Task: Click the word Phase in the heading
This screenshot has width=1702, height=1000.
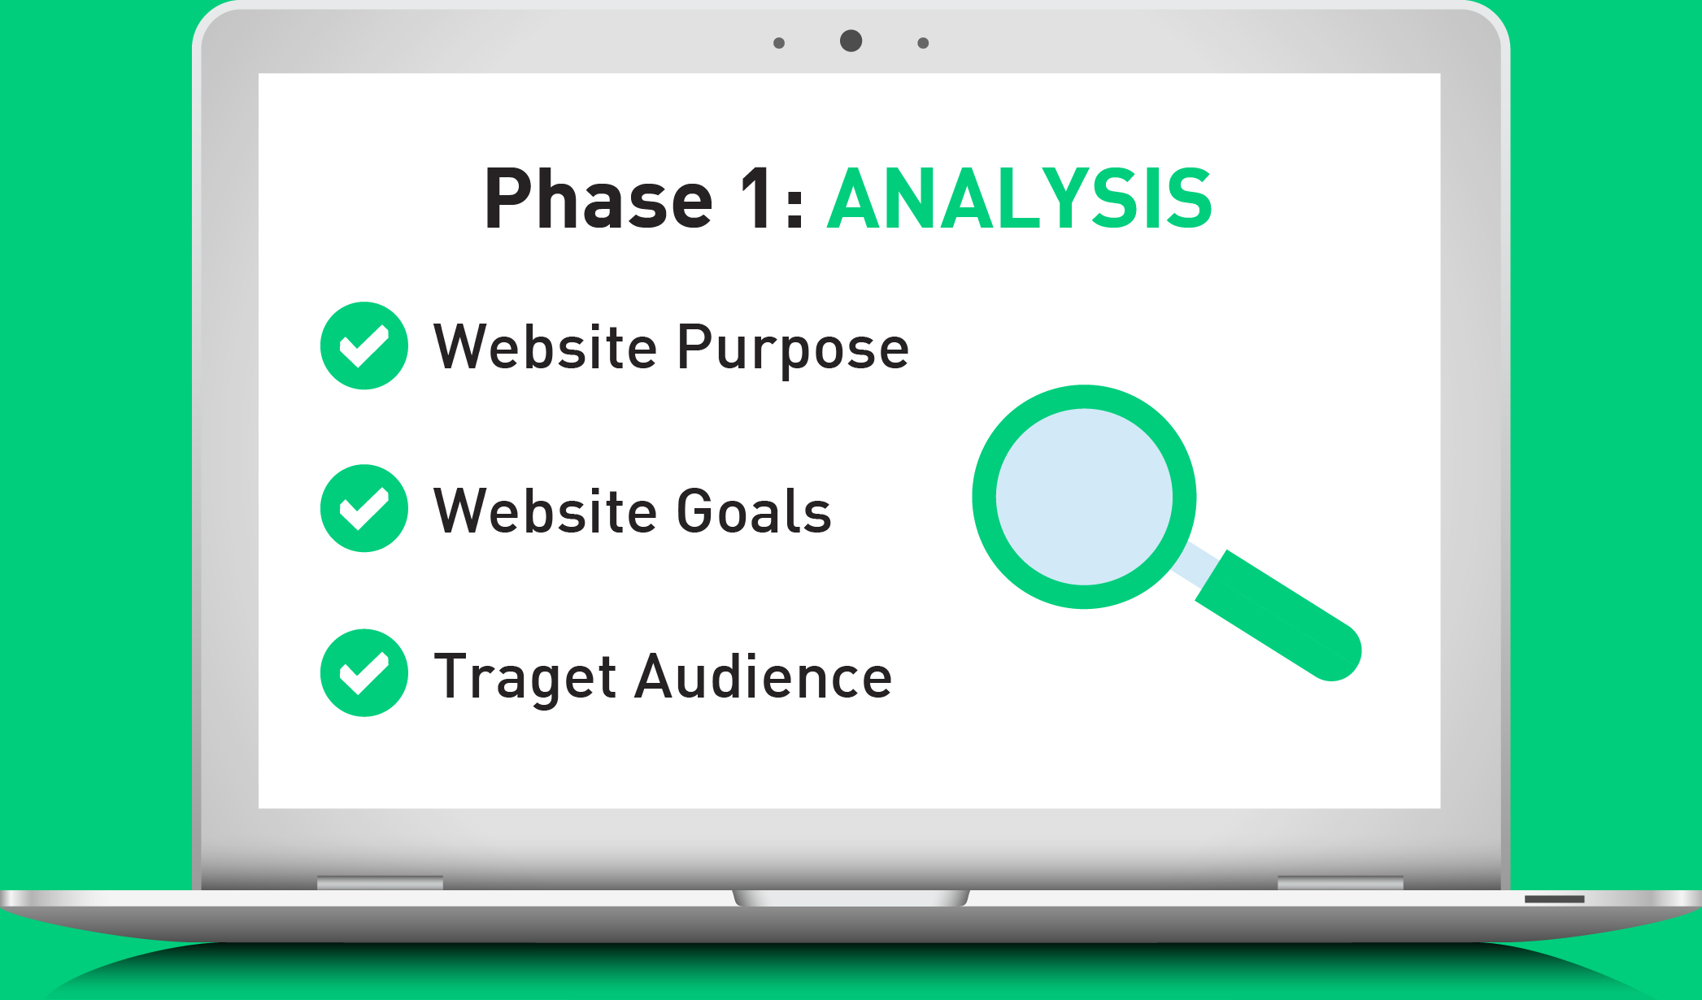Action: [599, 198]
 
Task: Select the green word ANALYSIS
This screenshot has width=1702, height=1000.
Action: [1020, 198]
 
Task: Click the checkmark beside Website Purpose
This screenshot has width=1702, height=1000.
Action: [364, 346]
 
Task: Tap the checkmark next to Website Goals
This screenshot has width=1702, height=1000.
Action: [364, 508]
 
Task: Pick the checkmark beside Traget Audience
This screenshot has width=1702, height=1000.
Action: [364, 672]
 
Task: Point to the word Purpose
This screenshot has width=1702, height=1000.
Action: [793, 350]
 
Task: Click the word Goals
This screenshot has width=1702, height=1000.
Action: [755, 511]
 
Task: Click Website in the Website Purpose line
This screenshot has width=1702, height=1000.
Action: [545, 347]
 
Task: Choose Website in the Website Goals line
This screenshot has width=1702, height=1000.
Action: [545, 511]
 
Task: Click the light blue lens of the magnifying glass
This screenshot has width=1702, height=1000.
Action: [1084, 497]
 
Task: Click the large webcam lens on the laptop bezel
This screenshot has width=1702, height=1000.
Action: [851, 41]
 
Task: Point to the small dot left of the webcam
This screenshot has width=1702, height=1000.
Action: [779, 43]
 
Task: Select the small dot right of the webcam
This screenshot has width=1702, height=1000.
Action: [923, 43]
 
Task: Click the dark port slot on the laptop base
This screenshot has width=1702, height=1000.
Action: [1555, 899]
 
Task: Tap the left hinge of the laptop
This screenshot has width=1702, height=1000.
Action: [380, 883]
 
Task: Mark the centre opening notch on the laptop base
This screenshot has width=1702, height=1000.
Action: [851, 898]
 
